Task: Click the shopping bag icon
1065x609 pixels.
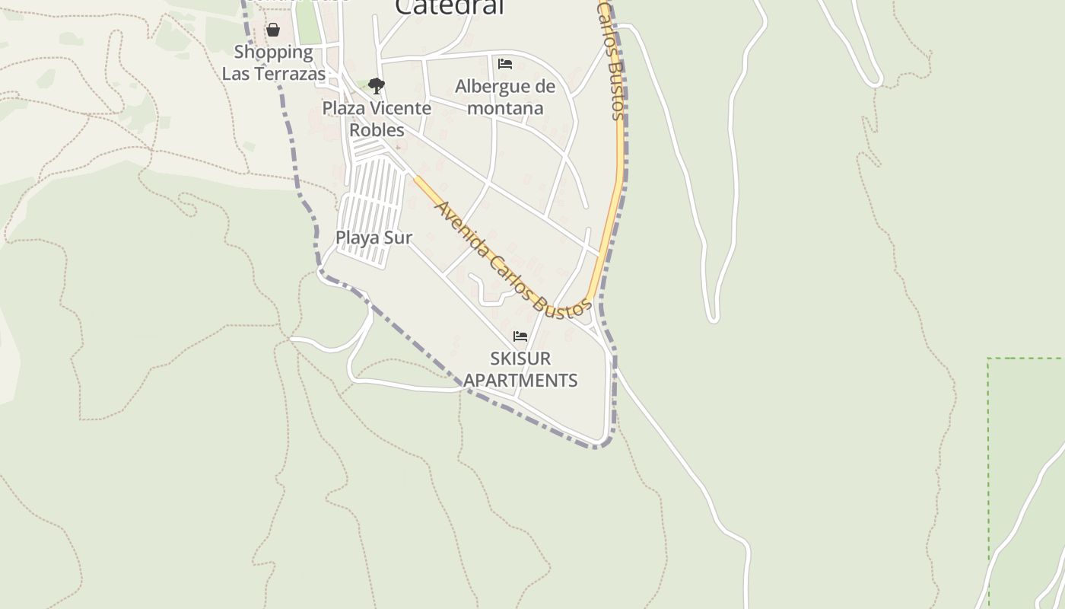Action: pos(273,30)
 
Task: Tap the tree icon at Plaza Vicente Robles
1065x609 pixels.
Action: pos(376,85)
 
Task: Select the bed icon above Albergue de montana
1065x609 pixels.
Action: pos(504,64)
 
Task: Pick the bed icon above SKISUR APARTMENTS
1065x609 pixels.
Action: pos(520,336)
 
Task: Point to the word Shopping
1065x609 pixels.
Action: pos(273,52)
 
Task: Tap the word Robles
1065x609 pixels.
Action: pos(377,129)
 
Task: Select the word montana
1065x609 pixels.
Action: pos(505,108)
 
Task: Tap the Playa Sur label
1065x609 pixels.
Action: pos(374,238)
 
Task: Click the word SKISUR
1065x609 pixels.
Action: pos(520,358)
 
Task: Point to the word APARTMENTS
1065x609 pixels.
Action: pos(521,380)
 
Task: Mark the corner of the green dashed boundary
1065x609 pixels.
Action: pos(988,358)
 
